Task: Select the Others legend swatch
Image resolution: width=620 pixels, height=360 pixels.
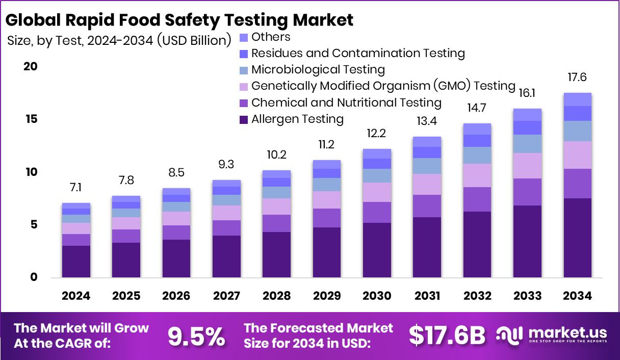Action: (x=244, y=37)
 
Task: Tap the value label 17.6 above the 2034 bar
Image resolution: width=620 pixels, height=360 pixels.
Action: (x=577, y=78)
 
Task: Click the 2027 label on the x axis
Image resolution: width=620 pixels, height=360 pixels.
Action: (x=226, y=296)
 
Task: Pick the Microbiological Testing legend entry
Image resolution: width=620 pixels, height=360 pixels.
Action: (x=318, y=70)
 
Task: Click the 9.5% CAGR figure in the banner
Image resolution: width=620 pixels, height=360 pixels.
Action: (x=196, y=336)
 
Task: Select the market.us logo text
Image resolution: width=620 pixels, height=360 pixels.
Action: (x=567, y=332)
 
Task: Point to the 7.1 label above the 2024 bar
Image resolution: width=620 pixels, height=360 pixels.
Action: (x=75, y=188)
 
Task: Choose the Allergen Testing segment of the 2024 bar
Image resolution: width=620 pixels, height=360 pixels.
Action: (x=76, y=262)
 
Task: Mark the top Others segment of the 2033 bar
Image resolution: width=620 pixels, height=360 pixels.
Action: (x=527, y=115)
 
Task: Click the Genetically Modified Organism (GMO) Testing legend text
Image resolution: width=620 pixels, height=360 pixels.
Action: (x=383, y=86)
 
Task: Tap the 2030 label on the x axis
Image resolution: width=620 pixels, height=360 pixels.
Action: (x=377, y=296)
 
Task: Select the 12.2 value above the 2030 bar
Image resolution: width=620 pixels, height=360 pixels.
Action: (x=377, y=134)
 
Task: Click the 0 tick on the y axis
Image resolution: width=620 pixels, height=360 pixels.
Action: (x=33, y=277)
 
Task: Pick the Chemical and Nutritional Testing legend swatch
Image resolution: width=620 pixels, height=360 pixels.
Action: (x=244, y=103)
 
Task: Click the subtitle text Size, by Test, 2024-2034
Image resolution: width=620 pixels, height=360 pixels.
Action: (x=81, y=41)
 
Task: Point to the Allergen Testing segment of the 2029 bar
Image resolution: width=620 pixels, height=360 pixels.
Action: (x=327, y=252)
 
